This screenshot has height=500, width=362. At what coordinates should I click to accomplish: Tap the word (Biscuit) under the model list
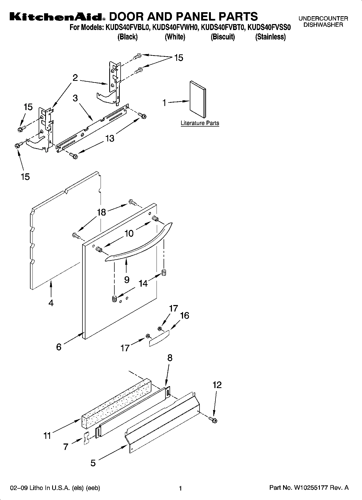(222, 37)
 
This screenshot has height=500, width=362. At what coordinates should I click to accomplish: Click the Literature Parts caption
(200, 123)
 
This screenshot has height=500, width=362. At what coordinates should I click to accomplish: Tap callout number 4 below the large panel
(51, 303)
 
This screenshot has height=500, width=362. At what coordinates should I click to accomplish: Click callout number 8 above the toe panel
(170, 358)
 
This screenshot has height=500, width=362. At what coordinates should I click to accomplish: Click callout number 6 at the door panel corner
(59, 347)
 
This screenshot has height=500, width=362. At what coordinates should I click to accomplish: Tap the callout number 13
(109, 138)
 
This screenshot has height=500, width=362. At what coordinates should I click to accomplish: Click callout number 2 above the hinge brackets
(75, 78)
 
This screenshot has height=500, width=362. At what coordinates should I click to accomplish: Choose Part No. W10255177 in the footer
(309, 488)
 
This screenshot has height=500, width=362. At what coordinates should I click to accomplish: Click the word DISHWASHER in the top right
(323, 25)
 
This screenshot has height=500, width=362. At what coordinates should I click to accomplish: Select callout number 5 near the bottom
(93, 463)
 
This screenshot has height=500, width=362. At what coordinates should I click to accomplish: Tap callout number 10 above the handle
(129, 233)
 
